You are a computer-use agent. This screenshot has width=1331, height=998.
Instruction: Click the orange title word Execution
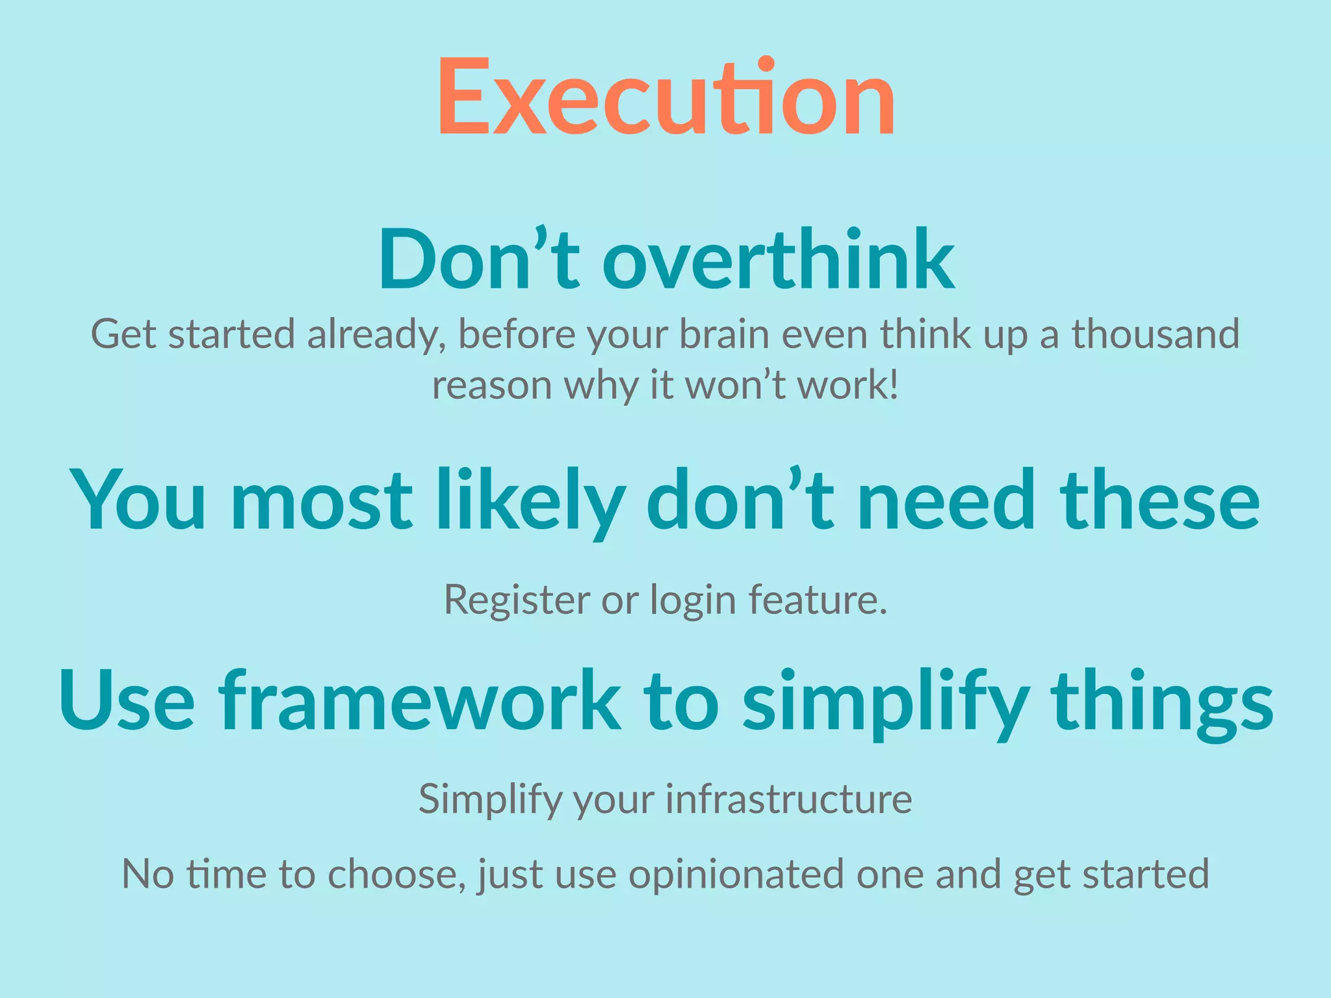coord(666,97)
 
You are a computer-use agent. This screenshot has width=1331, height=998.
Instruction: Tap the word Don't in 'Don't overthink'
coord(478,260)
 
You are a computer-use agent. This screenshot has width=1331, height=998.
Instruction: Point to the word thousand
coord(1156,334)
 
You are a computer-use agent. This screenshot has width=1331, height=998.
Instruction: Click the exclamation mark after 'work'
coord(895,385)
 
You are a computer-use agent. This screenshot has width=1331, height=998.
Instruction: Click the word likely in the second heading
coord(530,500)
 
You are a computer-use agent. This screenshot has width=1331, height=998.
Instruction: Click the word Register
coord(517,600)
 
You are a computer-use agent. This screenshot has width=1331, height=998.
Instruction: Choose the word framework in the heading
coord(419,702)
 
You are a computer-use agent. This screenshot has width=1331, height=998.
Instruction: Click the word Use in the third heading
coord(127,702)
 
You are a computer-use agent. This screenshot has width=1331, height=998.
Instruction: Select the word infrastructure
coord(789,799)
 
